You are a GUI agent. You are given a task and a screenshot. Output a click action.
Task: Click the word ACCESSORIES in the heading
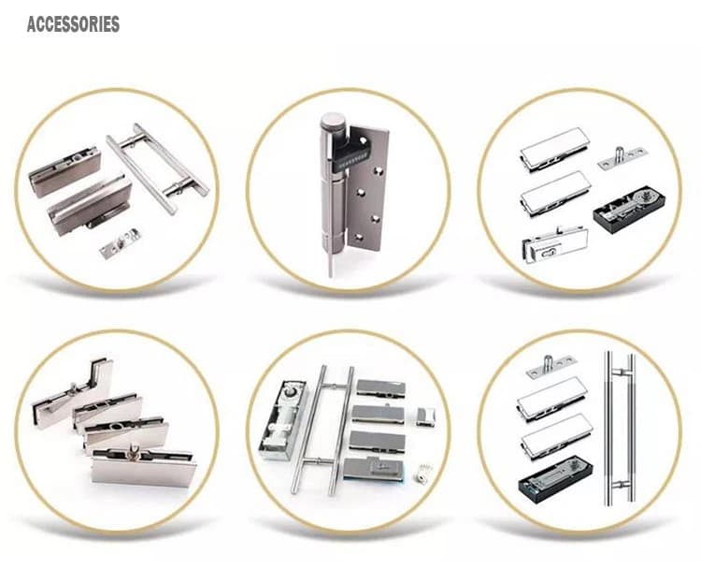coord(73,24)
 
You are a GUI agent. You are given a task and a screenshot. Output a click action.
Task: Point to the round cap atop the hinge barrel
coord(333,122)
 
